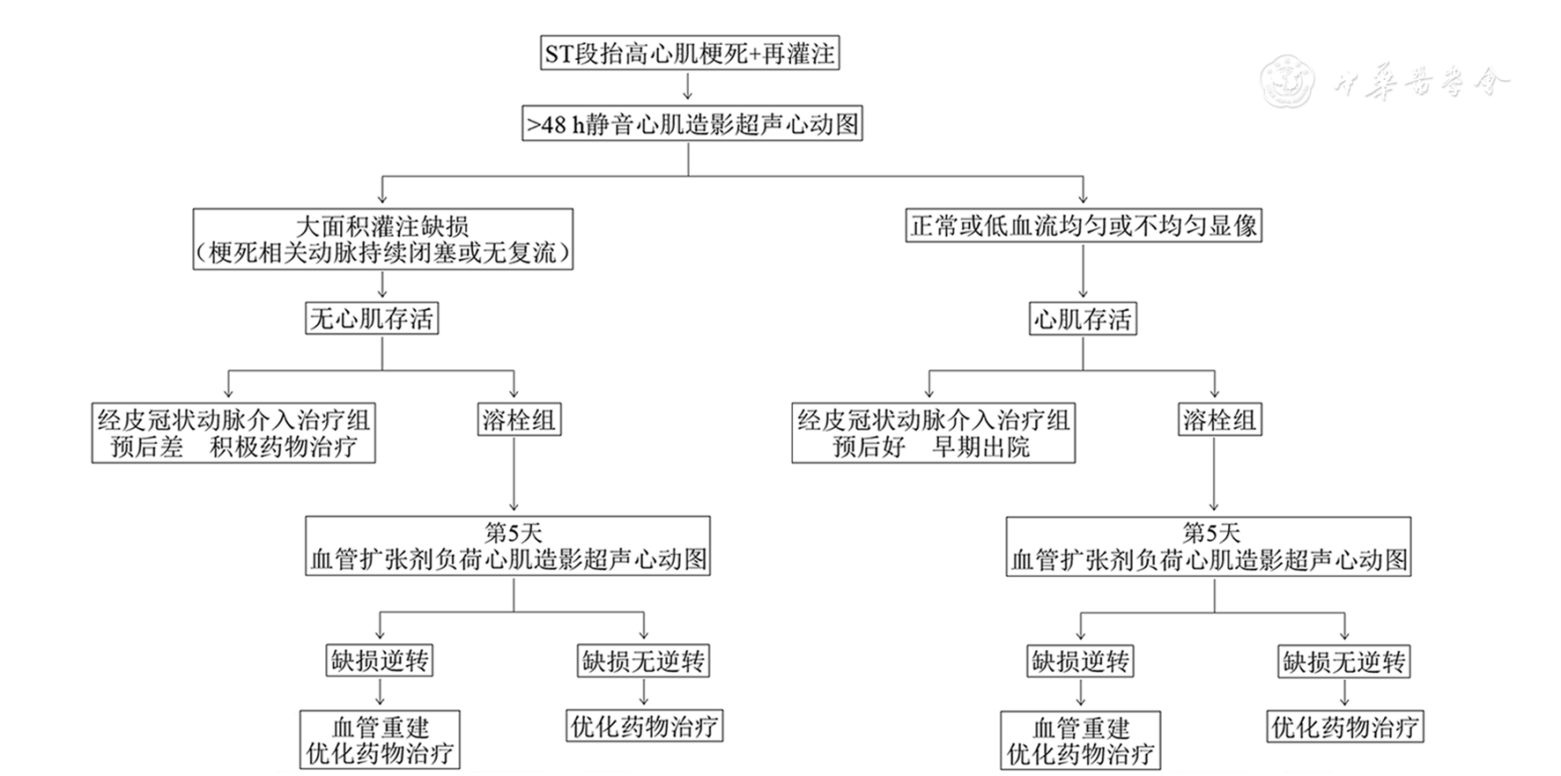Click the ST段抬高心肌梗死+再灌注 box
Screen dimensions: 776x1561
pyautogui.click(x=689, y=54)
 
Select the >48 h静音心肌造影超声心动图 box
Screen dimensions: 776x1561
pyautogui.click(x=692, y=124)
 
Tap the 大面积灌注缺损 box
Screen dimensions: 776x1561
pyautogui.click(x=382, y=239)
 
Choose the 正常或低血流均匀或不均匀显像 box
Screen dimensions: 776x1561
pyautogui.click(x=1084, y=225)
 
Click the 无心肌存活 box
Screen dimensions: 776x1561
pyautogui.click(x=371, y=318)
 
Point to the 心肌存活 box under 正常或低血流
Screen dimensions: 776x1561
pyautogui.click(x=1083, y=318)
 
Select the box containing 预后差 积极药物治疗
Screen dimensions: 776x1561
pyautogui.click(x=233, y=432)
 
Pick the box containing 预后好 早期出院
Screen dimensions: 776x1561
pyautogui.click(x=933, y=432)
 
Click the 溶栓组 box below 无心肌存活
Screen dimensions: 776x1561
pyautogui.click(x=519, y=419)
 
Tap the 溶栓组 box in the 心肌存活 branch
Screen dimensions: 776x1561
pyautogui.click(x=1219, y=419)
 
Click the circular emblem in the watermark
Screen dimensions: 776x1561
pyautogui.click(x=1287, y=82)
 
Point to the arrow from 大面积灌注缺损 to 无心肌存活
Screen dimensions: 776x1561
pyautogui.click(x=382, y=285)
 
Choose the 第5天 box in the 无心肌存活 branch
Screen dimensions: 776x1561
pyautogui.click(x=508, y=546)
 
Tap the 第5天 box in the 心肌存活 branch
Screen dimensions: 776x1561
pyautogui.click(x=1208, y=546)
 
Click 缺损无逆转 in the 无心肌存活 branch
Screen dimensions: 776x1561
pyautogui.click(x=643, y=661)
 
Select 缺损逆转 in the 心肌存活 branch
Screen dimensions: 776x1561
pyautogui.click(x=1080, y=661)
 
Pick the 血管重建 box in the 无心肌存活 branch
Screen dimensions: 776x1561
pyautogui.click(x=380, y=740)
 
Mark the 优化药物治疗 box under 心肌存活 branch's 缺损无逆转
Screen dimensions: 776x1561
pyautogui.click(x=1344, y=727)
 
